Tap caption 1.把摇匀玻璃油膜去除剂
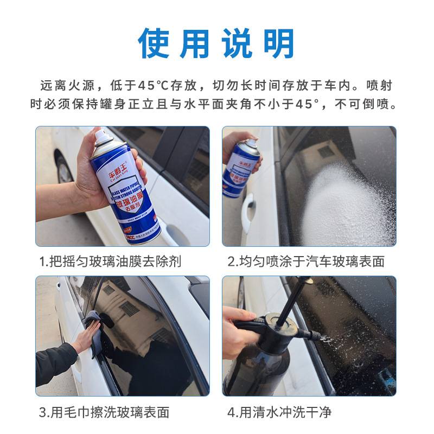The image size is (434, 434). pyautogui.click(x=110, y=261)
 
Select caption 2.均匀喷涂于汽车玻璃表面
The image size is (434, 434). pyautogui.click(x=305, y=261)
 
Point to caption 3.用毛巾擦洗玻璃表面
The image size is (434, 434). pyautogui.click(x=104, y=412)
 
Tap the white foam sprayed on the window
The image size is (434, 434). pyautogui.click(x=342, y=201)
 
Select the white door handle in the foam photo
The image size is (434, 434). pyautogui.click(x=248, y=208)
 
